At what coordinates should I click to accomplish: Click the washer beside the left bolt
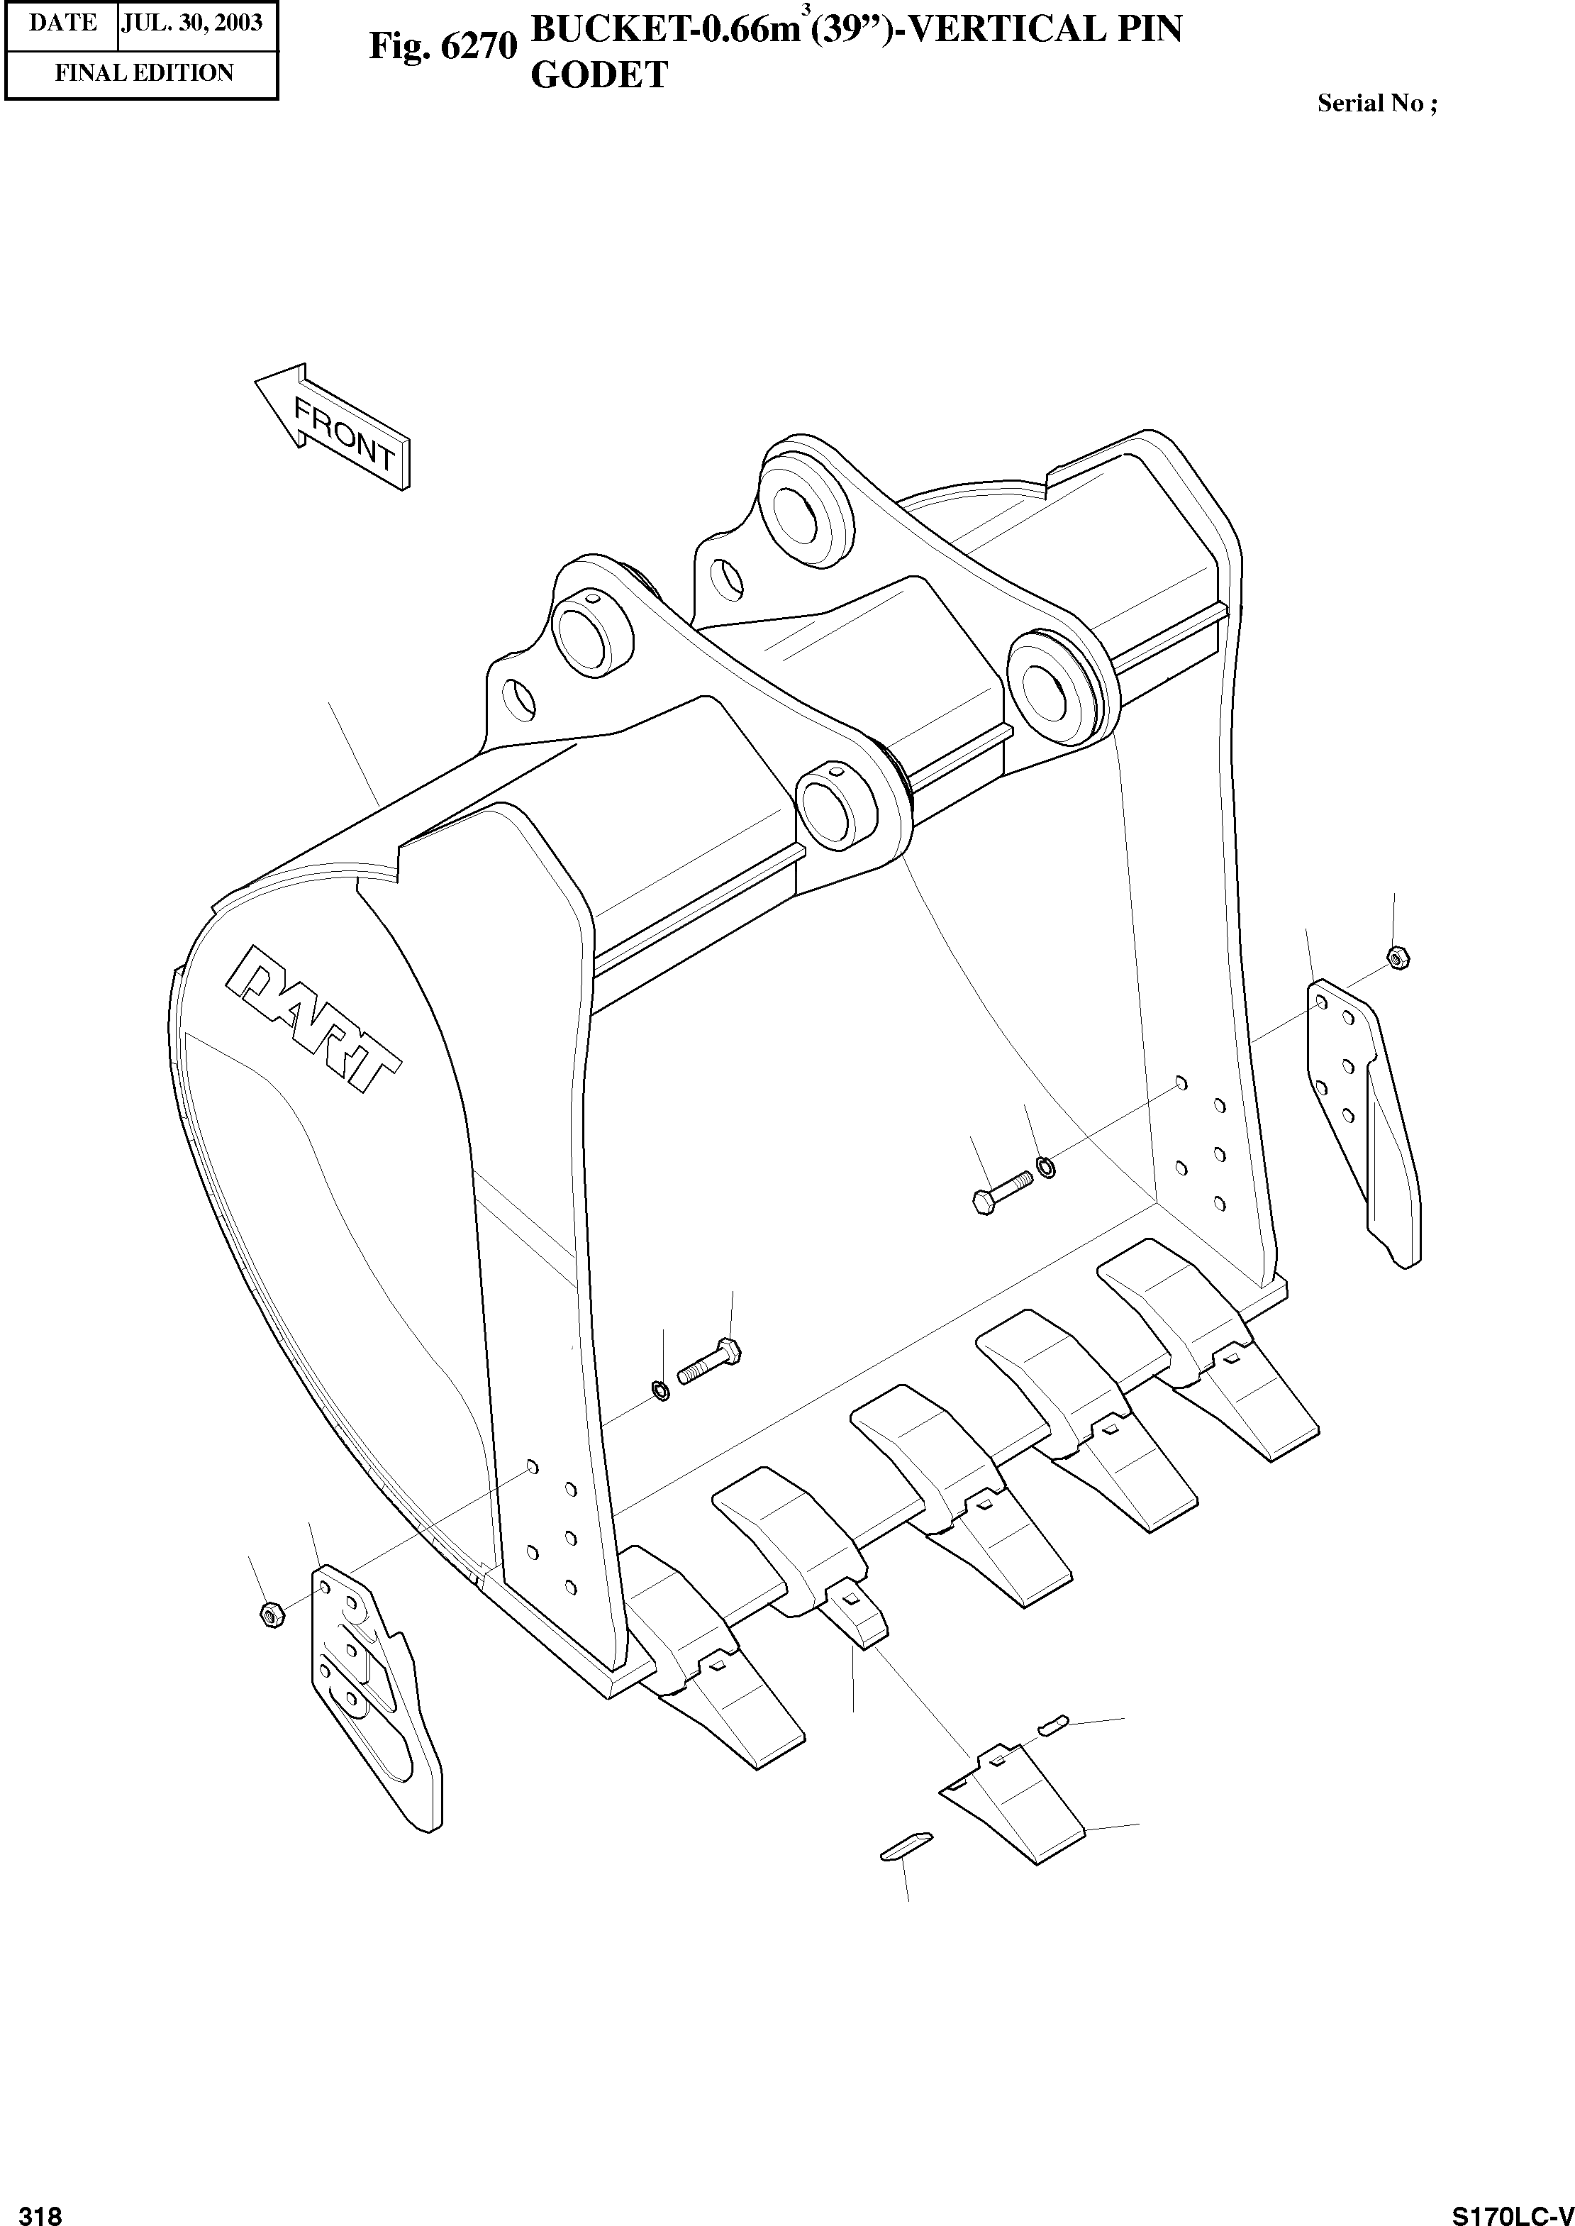tap(660, 1392)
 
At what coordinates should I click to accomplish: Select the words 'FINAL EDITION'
tap(143, 74)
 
